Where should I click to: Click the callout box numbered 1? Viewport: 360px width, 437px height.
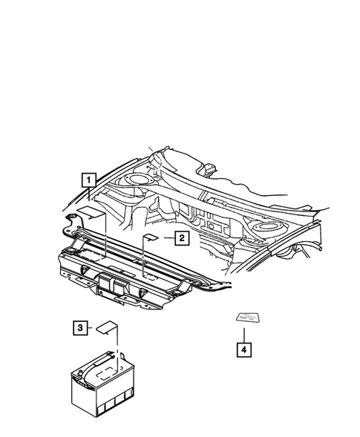coord(88,180)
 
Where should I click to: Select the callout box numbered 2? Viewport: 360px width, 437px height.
coord(181,238)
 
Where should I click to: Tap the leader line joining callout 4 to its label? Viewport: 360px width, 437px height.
coord(241,333)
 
